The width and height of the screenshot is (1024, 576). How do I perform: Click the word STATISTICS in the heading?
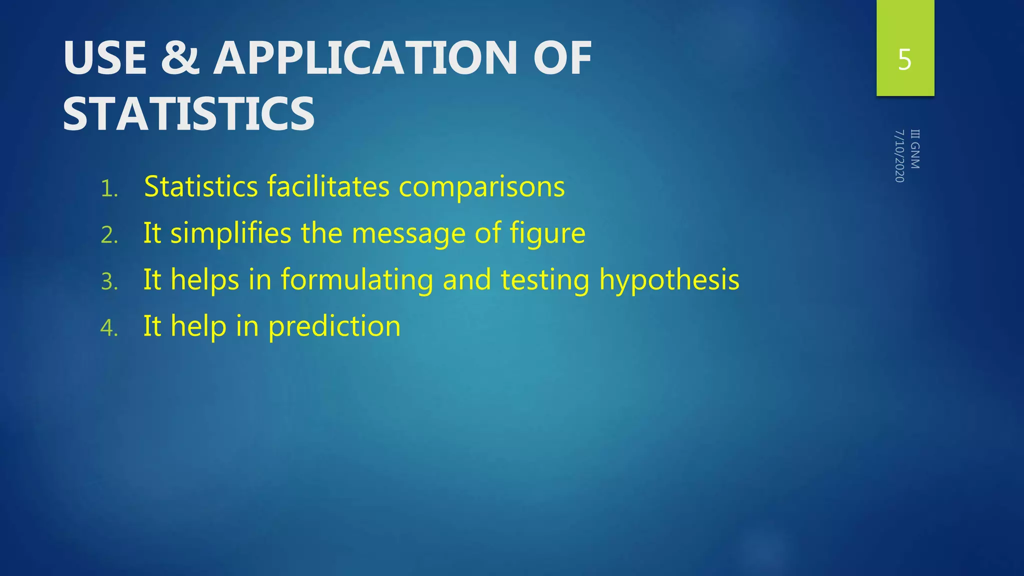(189, 114)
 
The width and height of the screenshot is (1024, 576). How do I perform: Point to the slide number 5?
(904, 60)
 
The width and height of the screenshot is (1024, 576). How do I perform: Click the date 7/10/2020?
(899, 156)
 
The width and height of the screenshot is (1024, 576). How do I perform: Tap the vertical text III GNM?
(915, 149)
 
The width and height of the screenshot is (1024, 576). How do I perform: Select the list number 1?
(109, 189)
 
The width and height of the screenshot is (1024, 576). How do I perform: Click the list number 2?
(109, 235)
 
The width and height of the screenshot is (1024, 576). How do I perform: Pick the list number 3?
(109, 282)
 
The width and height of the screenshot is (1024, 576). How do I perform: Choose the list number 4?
(109, 328)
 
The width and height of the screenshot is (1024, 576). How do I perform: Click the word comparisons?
(481, 187)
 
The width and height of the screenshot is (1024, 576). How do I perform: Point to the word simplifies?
(230, 233)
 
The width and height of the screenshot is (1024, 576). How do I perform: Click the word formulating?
(357, 280)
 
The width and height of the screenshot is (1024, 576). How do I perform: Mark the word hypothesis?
(669, 280)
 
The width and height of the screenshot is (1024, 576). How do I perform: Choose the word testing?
(545, 280)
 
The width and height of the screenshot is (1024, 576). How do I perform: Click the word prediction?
(334, 326)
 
